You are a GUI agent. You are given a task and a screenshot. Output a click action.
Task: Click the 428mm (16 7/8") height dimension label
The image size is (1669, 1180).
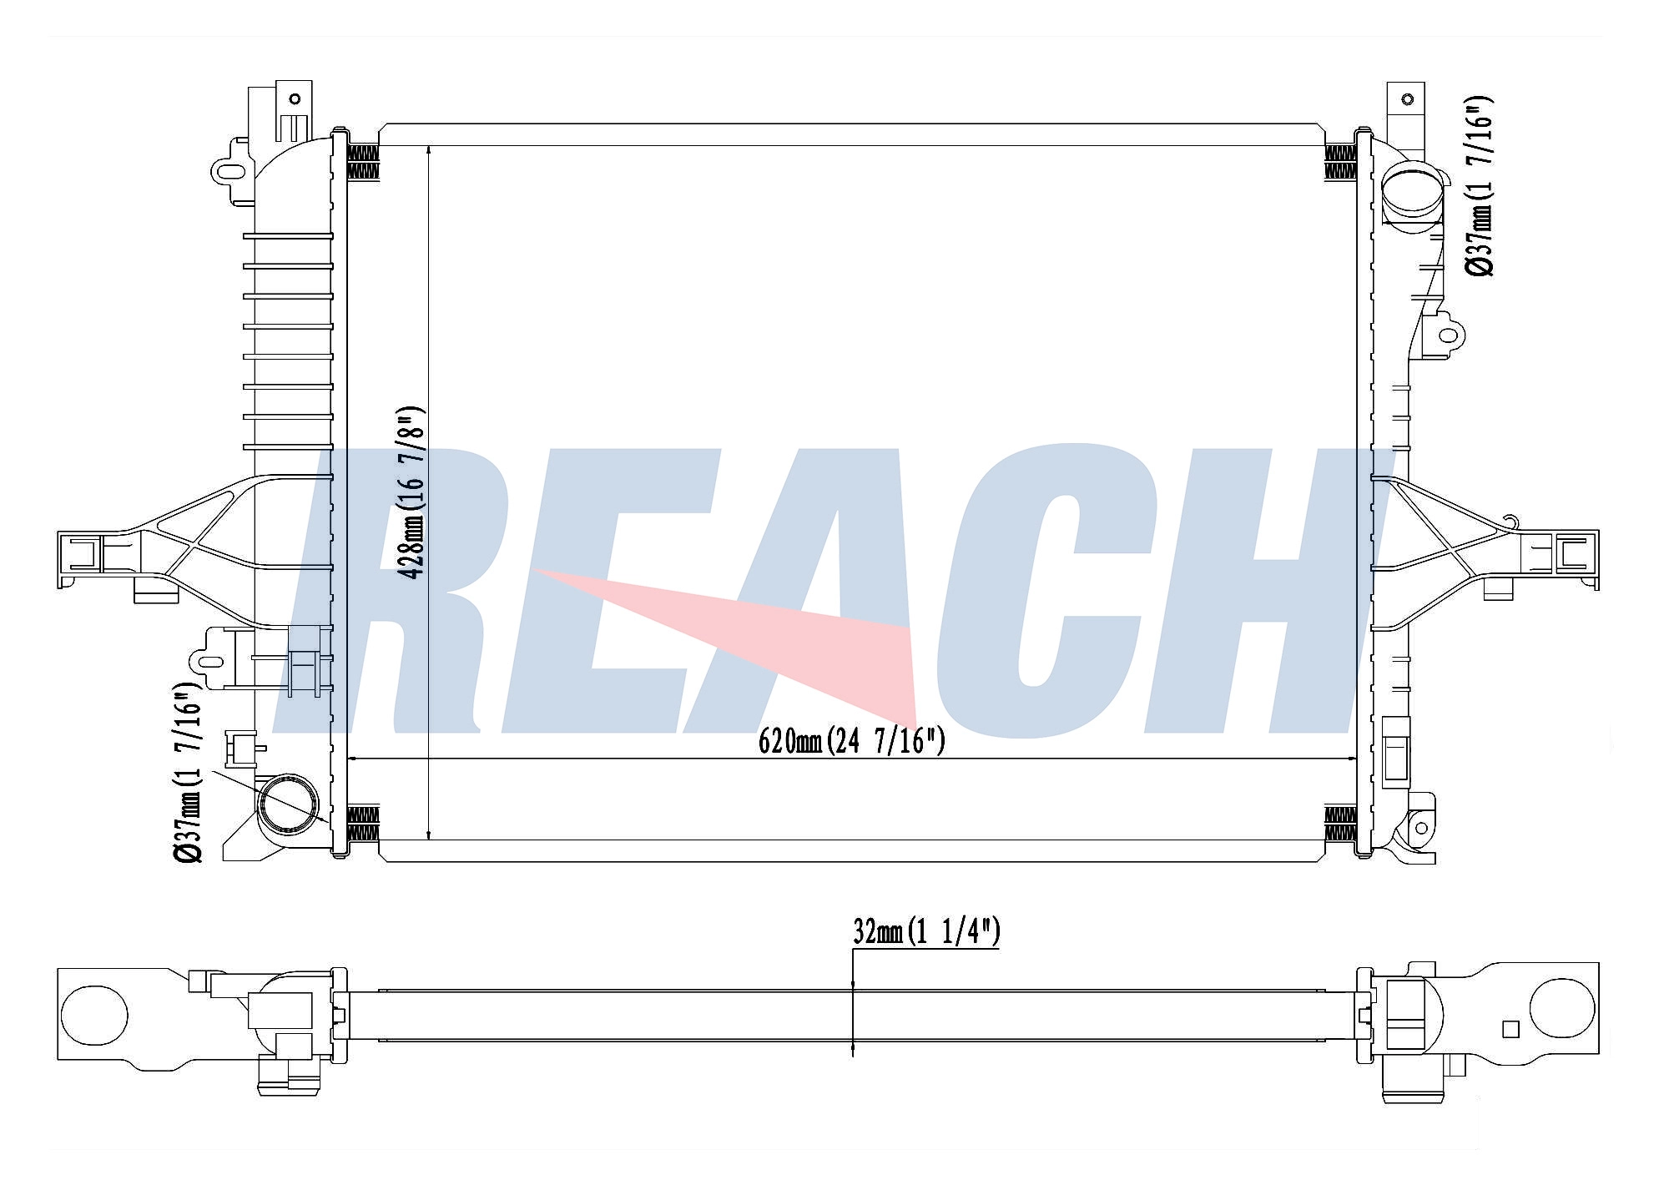coord(413,493)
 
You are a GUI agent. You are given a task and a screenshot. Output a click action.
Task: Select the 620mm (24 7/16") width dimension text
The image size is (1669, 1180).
coord(851,741)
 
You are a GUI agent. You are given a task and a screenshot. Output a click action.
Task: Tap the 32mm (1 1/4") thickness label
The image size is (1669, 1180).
coord(926,932)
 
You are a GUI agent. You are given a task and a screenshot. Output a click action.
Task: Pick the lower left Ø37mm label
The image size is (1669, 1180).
coord(187,773)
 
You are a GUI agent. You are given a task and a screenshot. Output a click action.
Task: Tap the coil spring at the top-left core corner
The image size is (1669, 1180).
coord(362,162)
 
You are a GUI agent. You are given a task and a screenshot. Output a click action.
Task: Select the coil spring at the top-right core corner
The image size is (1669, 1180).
coord(1340,162)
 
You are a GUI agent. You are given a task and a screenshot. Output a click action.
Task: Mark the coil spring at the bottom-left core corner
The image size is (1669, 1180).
coord(362,824)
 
